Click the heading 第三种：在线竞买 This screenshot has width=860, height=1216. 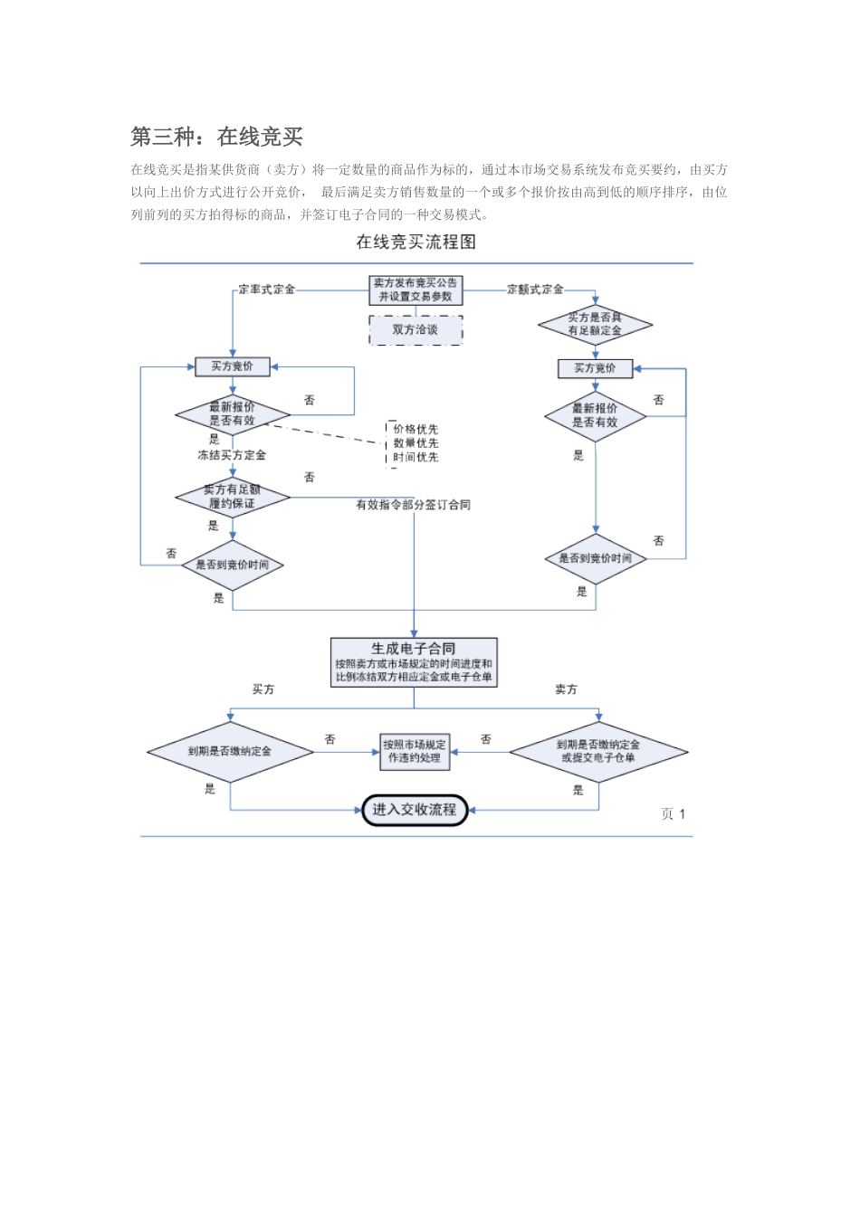pyautogui.click(x=216, y=137)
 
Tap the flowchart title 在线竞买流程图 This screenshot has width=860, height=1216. pyautogui.click(x=416, y=242)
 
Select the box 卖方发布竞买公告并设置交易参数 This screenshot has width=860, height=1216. pyautogui.click(x=416, y=290)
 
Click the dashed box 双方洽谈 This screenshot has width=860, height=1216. pyautogui.click(x=416, y=330)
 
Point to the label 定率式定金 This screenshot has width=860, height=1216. pyautogui.click(x=267, y=290)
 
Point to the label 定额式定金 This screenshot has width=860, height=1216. pyautogui.click(x=535, y=290)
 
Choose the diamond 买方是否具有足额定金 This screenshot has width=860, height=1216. pyautogui.click(x=595, y=325)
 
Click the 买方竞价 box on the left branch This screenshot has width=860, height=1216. pyautogui.click(x=233, y=366)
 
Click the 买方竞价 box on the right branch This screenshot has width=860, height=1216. pyautogui.click(x=595, y=368)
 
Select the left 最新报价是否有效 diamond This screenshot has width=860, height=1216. pyautogui.click(x=233, y=414)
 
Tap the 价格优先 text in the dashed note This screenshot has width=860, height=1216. pyautogui.click(x=416, y=429)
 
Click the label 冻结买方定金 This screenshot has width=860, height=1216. pyautogui.click(x=232, y=455)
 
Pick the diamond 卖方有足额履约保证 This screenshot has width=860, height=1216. pyautogui.click(x=233, y=497)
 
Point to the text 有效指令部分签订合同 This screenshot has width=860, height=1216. pyautogui.click(x=413, y=505)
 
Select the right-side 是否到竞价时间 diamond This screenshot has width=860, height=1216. pyautogui.click(x=595, y=558)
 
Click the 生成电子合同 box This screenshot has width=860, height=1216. pyautogui.click(x=414, y=662)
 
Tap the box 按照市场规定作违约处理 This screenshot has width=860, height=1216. pyautogui.click(x=415, y=752)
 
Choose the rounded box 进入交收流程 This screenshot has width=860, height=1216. pyautogui.click(x=415, y=810)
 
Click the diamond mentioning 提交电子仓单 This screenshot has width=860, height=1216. pyautogui.click(x=598, y=752)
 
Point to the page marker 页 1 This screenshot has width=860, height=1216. pyautogui.click(x=673, y=814)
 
